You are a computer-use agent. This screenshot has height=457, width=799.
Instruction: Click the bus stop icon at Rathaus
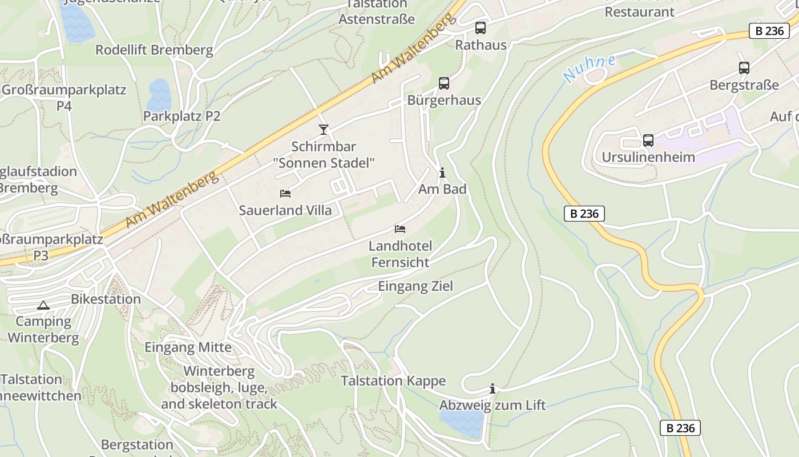(x=481, y=27)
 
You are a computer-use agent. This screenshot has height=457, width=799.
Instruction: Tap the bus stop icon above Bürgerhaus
(x=444, y=83)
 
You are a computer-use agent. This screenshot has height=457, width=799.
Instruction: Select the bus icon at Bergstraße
(x=744, y=68)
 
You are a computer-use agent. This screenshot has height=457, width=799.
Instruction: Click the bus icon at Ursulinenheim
(x=648, y=140)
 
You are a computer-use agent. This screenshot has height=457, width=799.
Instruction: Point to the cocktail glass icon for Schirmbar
(x=324, y=130)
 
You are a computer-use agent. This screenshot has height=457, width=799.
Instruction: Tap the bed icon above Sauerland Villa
(x=285, y=194)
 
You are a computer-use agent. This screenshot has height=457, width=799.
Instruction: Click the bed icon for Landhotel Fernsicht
(x=400, y=229)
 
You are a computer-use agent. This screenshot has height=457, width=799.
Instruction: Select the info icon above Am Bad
(x=442, y=173)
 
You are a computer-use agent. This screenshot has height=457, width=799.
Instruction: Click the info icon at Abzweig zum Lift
(x=493, y=389)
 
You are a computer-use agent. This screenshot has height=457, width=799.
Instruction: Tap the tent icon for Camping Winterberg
(x=43, y=305)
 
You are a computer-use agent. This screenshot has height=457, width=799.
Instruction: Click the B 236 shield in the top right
(x=769, y=31)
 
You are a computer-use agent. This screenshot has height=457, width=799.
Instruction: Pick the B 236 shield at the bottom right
(x=680, y=427)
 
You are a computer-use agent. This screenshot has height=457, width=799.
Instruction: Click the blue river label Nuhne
(x=589, y=68)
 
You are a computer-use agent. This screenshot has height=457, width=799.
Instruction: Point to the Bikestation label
(x=106, y=299)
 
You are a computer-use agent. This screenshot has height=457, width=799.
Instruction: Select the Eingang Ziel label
(x=415, y=286)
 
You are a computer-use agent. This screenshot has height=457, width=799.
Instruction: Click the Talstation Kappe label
(x=393, y=381)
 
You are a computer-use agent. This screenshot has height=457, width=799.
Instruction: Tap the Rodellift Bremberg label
(x=154, y=50)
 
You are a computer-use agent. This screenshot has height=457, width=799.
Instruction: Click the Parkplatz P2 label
(x=181, y=116)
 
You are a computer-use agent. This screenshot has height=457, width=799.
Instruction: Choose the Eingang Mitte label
(x=188, y=347)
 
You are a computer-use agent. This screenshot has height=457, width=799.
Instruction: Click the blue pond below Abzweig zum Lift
(x=462, y=424)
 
